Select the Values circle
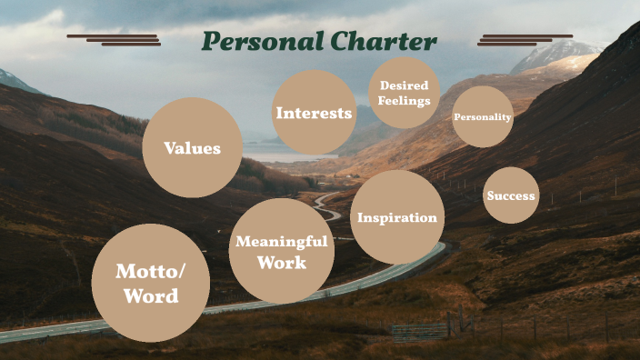point(193,147)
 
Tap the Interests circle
point(314,113)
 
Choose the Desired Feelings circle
point(405,93)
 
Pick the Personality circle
point(483,116)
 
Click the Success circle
point(511,195)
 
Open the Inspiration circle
point(397,217)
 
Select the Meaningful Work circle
point(281,252)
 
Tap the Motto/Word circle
point(151,283)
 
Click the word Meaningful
point(281,241)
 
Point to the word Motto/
point(151,271)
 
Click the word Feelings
point(405,100)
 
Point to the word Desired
point(405,85)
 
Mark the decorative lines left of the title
point(115,40)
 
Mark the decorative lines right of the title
point(525,40)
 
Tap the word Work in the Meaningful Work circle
point(281,264)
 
